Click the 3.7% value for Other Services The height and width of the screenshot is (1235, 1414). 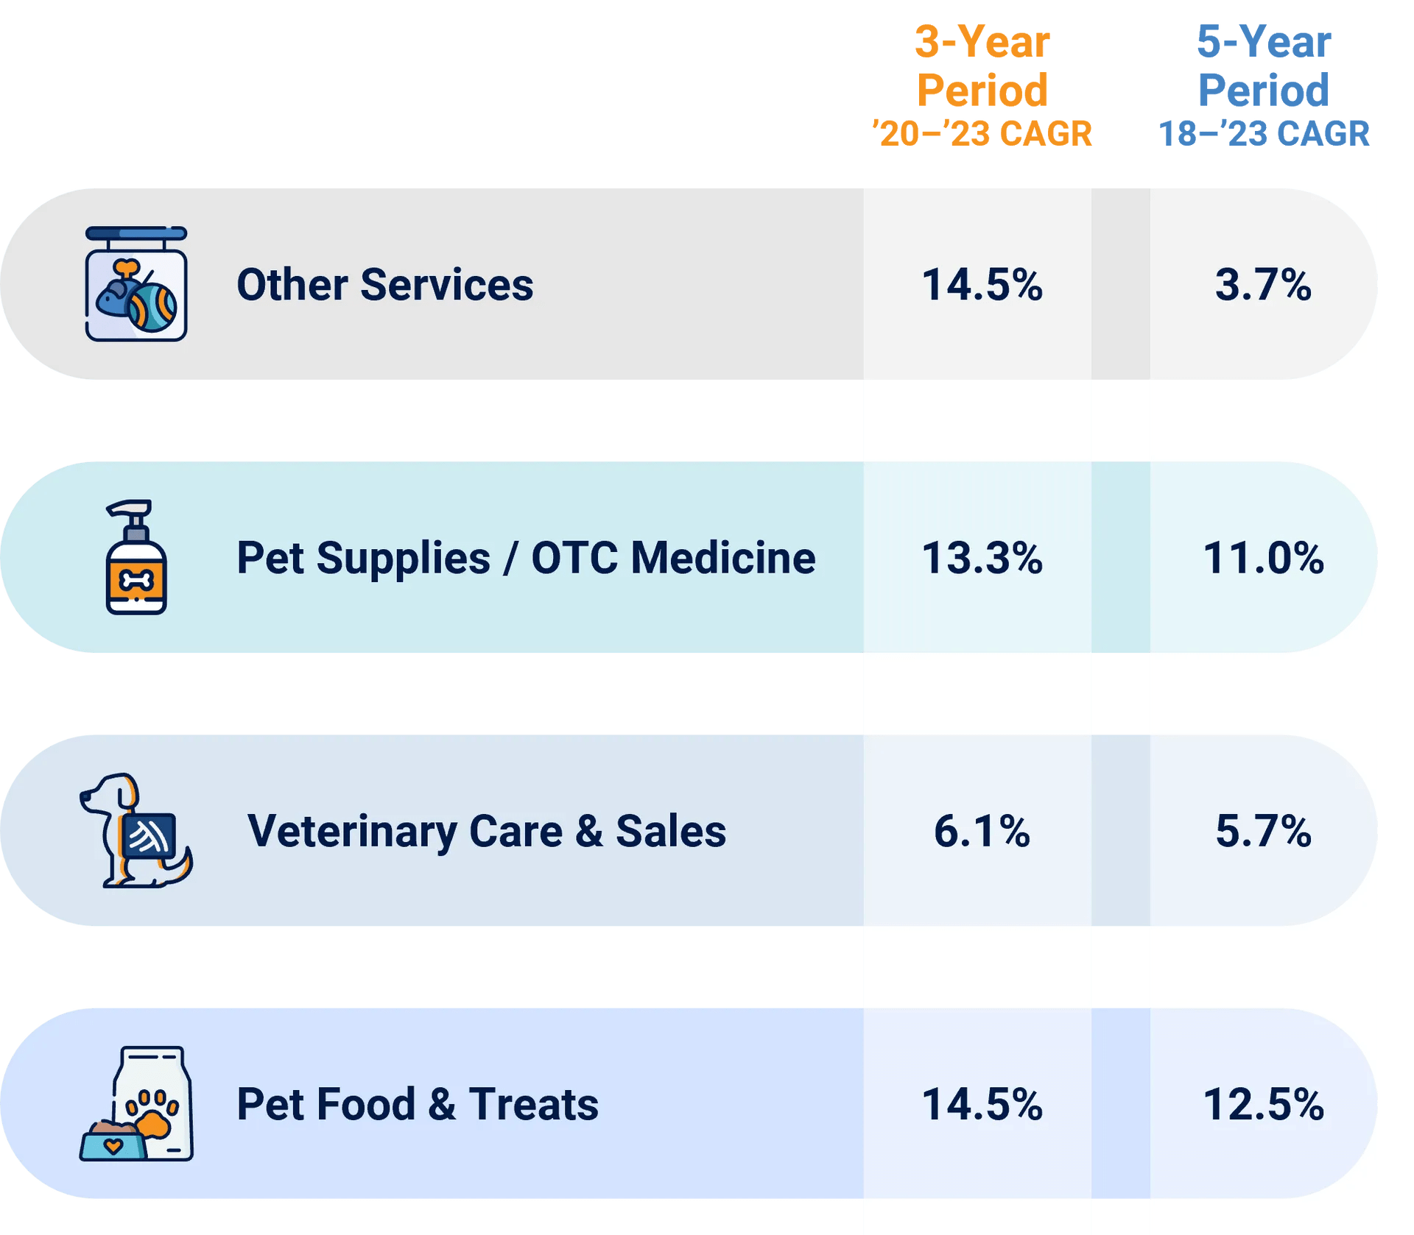click(x=1263, y=285)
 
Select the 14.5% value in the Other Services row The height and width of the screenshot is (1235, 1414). click(x=982, y=285)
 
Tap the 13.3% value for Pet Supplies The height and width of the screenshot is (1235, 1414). click(x=982, y=558)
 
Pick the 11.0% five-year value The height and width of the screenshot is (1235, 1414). click(x=1263, y=558)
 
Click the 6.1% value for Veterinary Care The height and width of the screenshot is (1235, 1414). click(x=982, y=831)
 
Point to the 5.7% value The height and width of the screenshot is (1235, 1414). click(x=1263, y=831)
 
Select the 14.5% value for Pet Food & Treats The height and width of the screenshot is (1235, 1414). click(x=982, y=1105)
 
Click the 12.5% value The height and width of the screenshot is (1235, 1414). click(x=1263, y=1105)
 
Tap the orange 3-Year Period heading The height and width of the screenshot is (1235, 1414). click(x=982, y=66)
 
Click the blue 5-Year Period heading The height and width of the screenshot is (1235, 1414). click(x=1263, y=66)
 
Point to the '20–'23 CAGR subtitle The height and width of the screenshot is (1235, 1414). click(x=982, y=134)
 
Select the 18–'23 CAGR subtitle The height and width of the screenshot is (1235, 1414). click(x=1263, y=134)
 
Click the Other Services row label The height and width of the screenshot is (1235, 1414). click(x=384, y=285)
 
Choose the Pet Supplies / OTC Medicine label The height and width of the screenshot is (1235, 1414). click(x=526, y=558)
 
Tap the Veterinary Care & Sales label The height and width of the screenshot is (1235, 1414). click(x=486, y=831)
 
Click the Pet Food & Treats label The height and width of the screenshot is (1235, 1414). click(x=418, y=1105)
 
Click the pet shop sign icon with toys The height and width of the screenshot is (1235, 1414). click(x=136, y=284)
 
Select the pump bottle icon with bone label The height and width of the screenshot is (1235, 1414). click(x=136, y=558)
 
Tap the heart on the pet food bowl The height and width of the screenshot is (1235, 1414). click(x=113, y=1146)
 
